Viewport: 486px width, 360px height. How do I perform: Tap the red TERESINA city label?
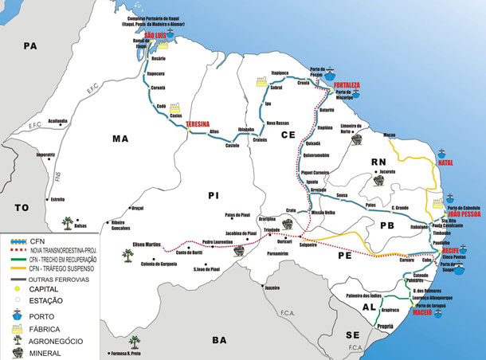point(198,125)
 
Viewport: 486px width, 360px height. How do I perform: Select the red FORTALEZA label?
point(347,84)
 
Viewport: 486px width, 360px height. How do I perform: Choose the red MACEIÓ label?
point(421,313)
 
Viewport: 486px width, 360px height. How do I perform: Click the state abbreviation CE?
point(288,135)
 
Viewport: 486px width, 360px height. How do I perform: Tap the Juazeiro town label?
point(274,287)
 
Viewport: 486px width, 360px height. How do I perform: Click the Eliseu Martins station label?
point(147,244)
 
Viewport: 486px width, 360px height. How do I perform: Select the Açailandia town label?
point(58,120)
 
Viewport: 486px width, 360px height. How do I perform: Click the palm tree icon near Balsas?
point(69,221)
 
